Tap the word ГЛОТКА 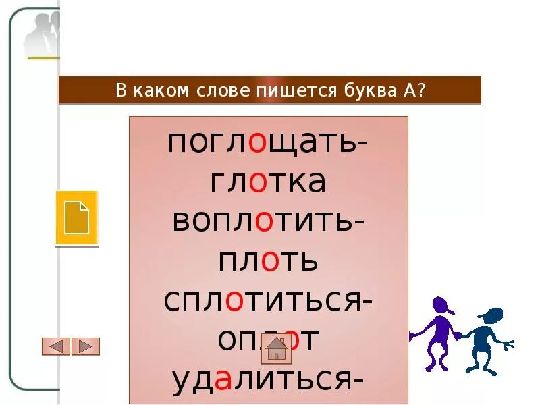point(269,182)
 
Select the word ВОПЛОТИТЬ point(263,221)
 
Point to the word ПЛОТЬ point(269,261)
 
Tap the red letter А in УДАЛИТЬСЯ point(226,381)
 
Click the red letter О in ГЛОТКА point(258,183)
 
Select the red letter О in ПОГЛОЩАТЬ point(257,144)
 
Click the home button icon point(277,348)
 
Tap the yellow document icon point(76,218)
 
